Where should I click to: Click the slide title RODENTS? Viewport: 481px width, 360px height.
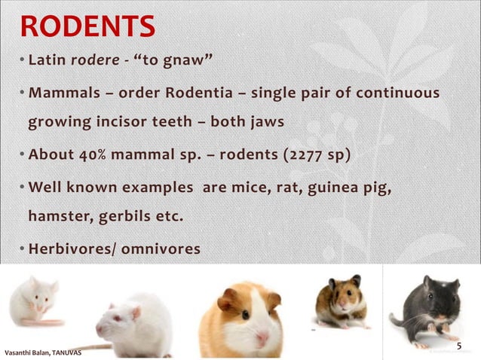click(x=88, y=26)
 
